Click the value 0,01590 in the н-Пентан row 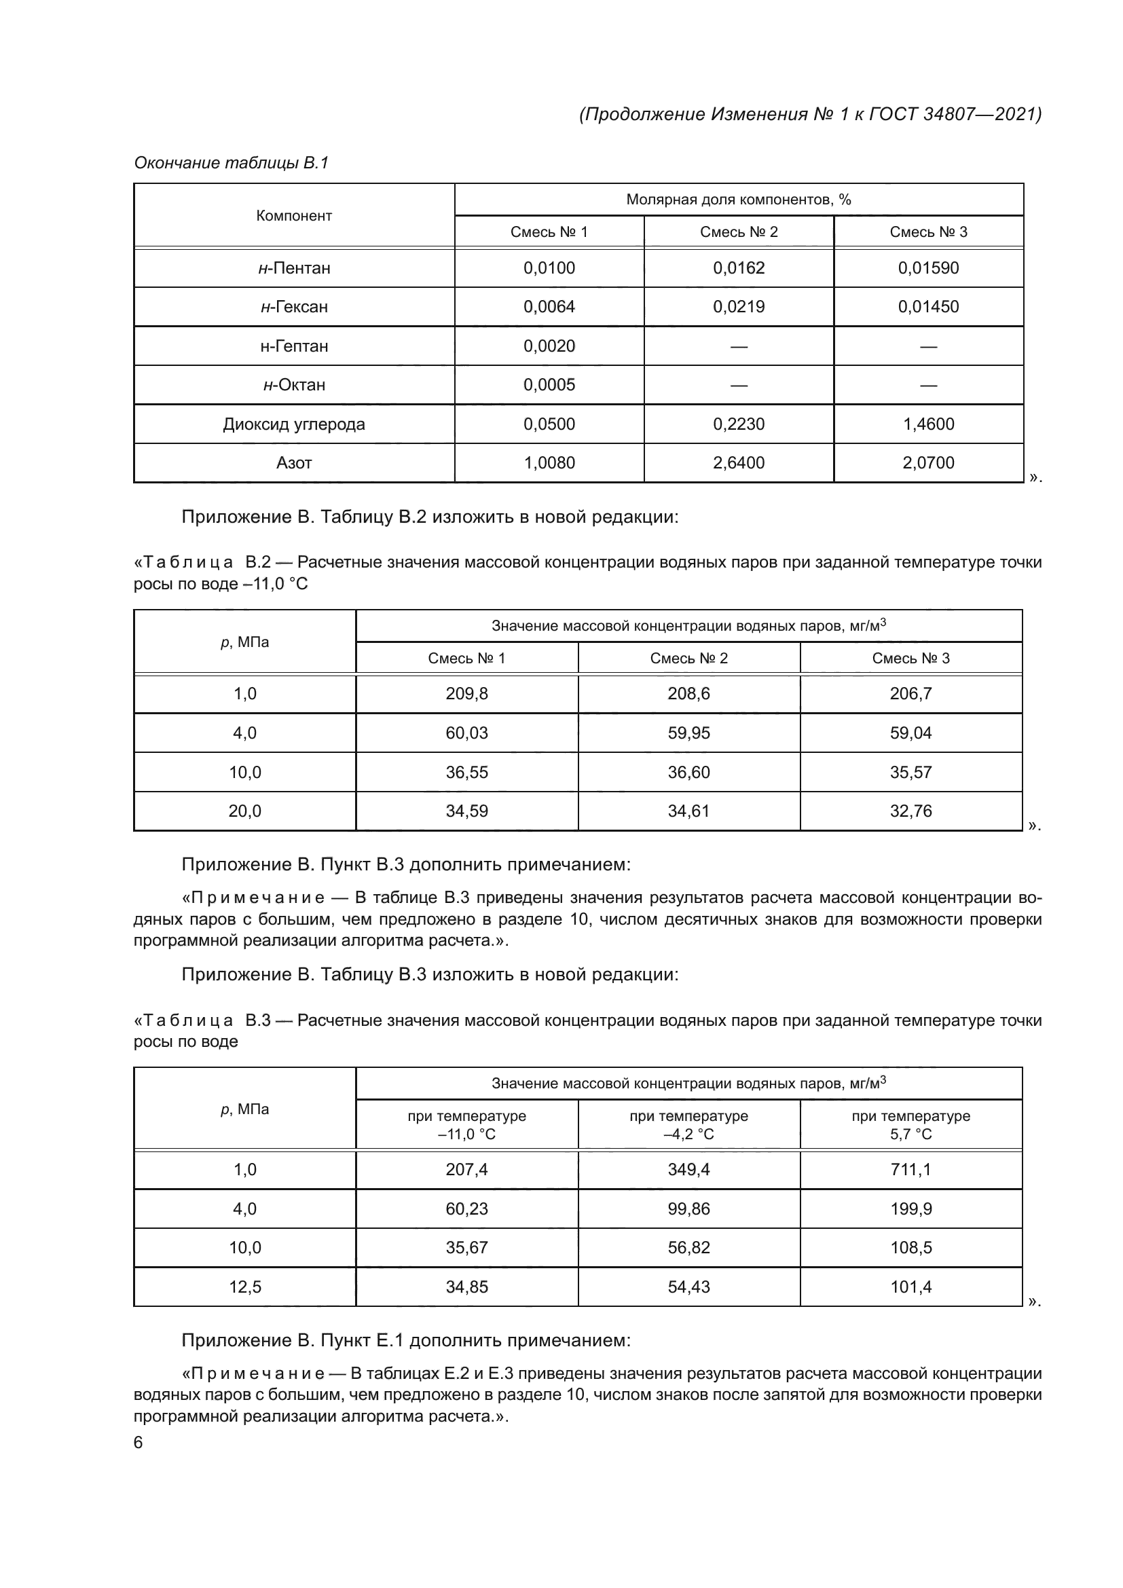tap(928, 268)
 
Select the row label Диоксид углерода tap(294, 424)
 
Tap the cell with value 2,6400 tap(739, 463)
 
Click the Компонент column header tap(294, 216)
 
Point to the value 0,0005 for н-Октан tap(549, 384)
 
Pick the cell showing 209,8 tap(466, 694)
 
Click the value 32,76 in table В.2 tap(910, 811)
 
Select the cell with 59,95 tap(688, 733)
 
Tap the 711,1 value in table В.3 tap(910, 1170)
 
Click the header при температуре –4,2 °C tap(688, 1124)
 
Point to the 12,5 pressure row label tap(245, 1287)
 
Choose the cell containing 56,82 tap(688, 1248)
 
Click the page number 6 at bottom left tap(139, 1443)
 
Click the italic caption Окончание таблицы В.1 tap(231, 163)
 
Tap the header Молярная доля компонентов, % tap(739, 200)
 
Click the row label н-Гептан tap(294, 346)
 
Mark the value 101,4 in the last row tap(910, 1287)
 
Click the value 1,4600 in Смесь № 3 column tap(928, 424)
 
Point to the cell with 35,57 tap(910, 772)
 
